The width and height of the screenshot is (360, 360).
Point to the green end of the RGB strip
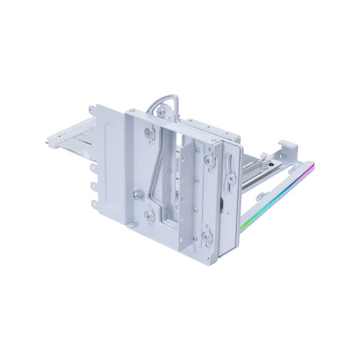click(242, 227)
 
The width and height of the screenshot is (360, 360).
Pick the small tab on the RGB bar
click(259, 196)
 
